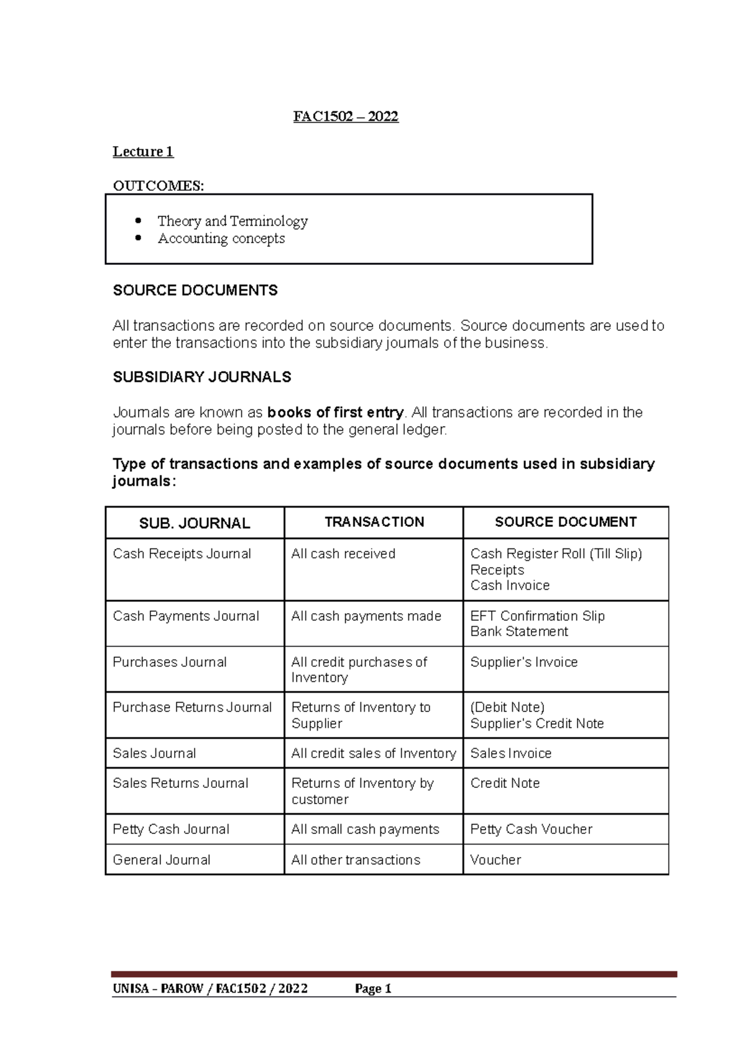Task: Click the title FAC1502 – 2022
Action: click(x=346, y=116)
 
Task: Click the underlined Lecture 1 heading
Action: click(x=143, y=152)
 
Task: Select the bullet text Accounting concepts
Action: click(x=221, y=239)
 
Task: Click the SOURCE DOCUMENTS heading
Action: click(x=195, y=290)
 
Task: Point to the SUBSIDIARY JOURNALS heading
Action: click(x=201, y=377)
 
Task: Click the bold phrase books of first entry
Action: click(x=335, y=412)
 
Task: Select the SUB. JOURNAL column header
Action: click(x=194, y=523)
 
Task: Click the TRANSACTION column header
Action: click(x=374, y=522)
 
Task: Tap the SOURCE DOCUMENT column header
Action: click(x=565, y=522)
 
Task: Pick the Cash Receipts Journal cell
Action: click(x=182, y=553)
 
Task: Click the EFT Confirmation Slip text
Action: click(x=537, y=616)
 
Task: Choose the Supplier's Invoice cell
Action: click(x=523, y=662)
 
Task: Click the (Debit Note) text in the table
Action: click(x=507, y=707)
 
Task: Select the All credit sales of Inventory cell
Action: click(x=373, y=753)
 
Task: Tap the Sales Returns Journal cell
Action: click(x=180, y=783)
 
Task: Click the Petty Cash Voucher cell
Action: click(x=531, y=829)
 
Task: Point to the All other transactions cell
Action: click(x=356, y=859)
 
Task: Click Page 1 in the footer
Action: click(x=372, y=989)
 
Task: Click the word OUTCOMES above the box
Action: click(x=157, y=185)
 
